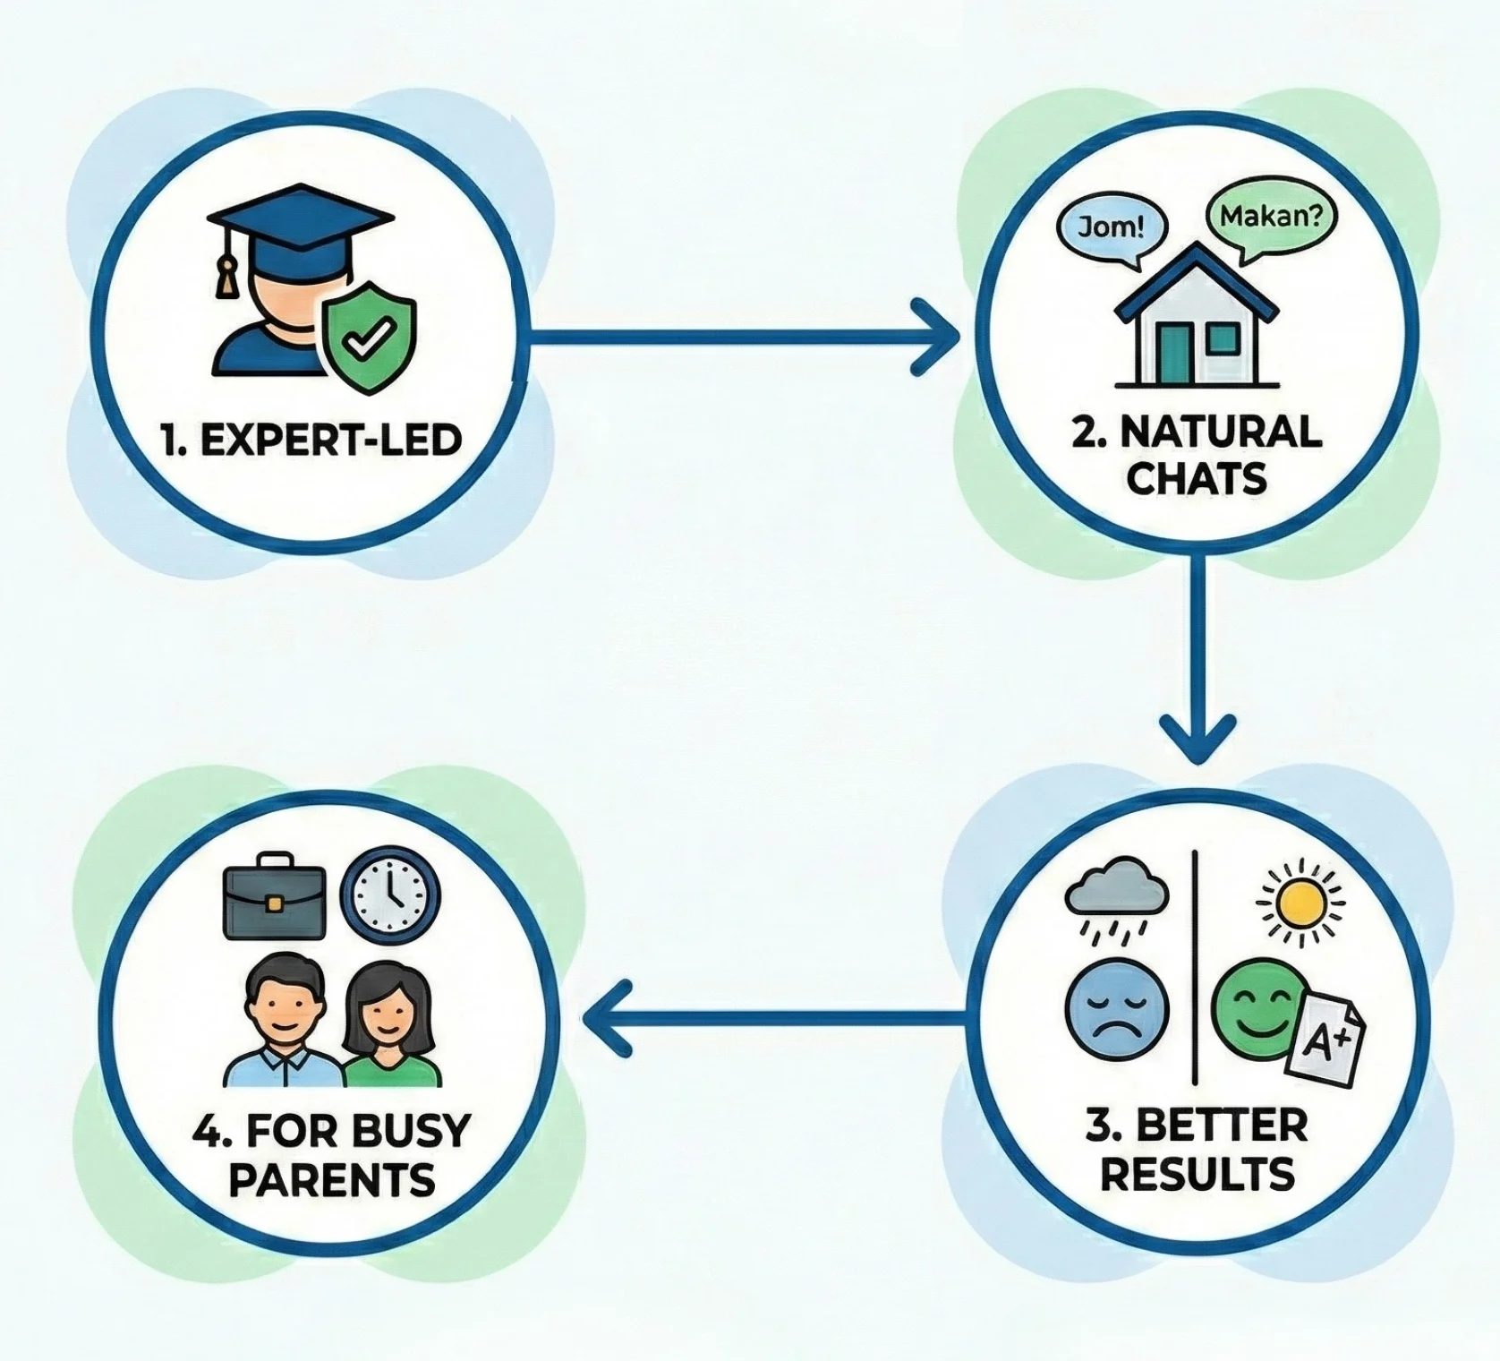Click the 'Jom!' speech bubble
coord(1112,226)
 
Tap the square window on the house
coord(1223,338)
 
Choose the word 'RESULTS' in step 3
coord(1197,1174)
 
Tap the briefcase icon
coord(273,896)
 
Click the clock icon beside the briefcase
coord(392,892)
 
